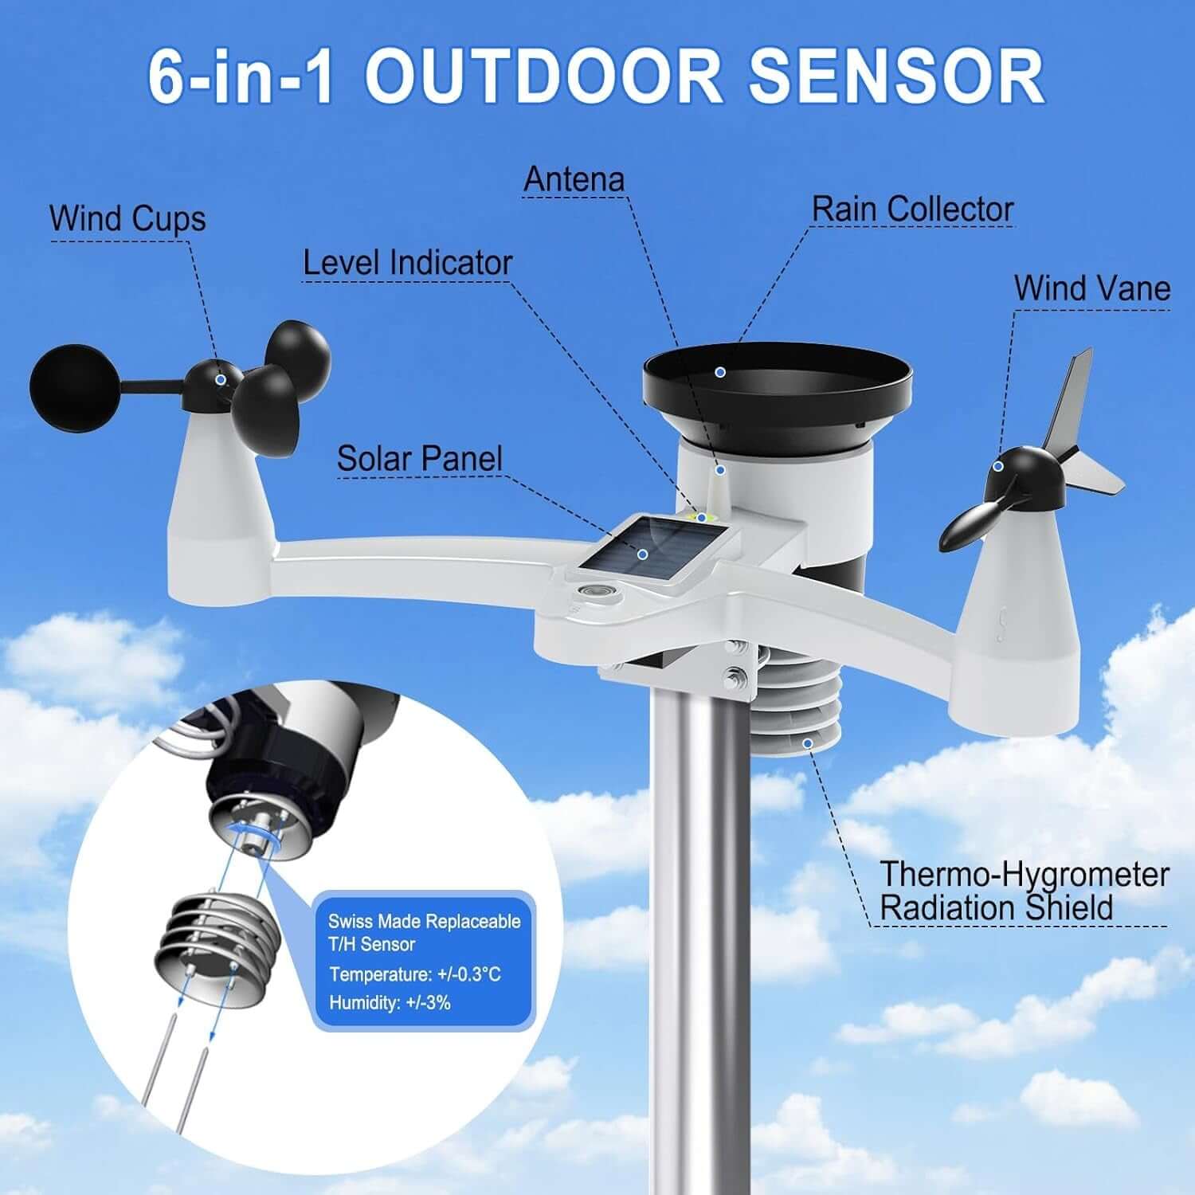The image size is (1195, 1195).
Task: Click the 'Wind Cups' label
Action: coord(127,219)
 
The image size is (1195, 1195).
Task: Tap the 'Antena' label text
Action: coord(574,179)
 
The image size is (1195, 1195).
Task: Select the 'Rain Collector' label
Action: coord(912,210)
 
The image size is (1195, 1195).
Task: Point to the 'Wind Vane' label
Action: coord(1091,288)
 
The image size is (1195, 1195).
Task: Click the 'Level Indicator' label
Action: coord(407,263)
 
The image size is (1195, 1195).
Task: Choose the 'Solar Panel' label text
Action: coord(419,459)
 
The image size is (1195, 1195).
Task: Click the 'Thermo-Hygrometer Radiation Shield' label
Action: coord(1023,891)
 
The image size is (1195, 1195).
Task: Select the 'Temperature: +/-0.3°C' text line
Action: coord(414,974)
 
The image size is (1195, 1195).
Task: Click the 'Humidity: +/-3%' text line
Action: coord(390,1002)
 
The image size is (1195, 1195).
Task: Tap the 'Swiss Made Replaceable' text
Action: coord(424,922)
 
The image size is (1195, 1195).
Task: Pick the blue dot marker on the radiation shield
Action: coord(808,743)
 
